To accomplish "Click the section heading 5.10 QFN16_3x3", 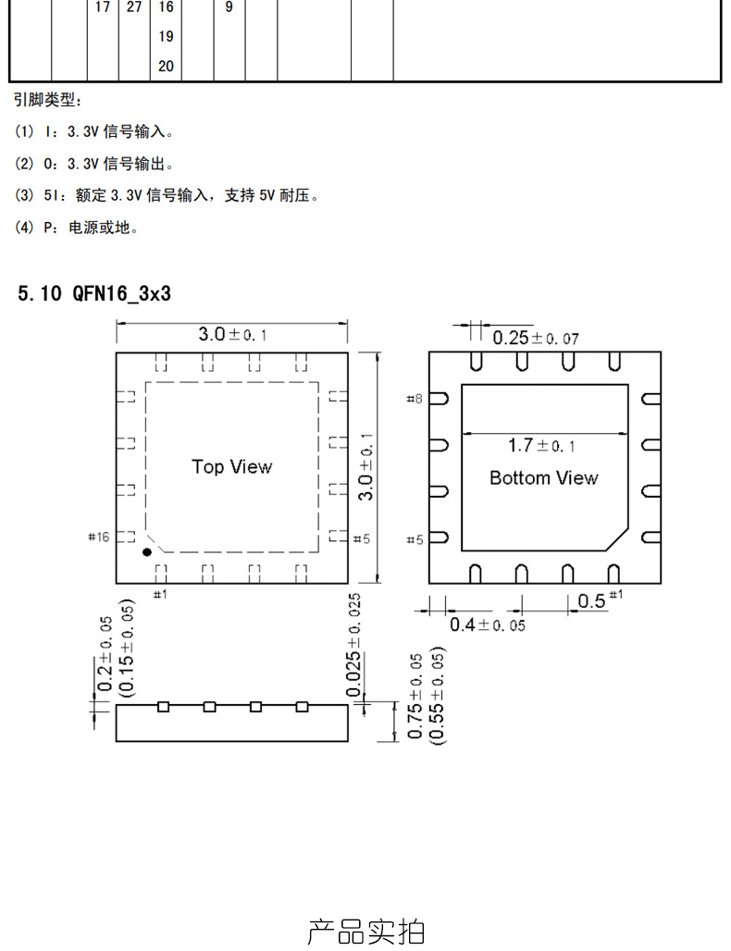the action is pyautogui.click(x=94, y=294).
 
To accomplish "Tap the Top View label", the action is pyautogui.click(x=232, y=466).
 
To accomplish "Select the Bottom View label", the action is pyautogui.click(x=543, y=477).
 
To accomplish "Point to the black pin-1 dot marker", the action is pyautogui.click(x=146, y=552).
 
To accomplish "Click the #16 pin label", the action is pyautogui.click(x=98, y=537).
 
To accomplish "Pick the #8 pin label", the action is pyautogui.click(x=415, y=399).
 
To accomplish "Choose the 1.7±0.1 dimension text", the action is pyautogui.click(x=541, y=446).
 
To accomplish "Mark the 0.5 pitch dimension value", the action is pyautogui.click(x=591, y=601).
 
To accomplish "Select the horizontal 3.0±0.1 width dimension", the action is pyautogui.click(x=232, y=334).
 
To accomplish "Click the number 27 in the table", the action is pyautogui.click(x=134, y=7).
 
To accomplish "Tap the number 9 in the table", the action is pyautogui.click(x=229, y=7).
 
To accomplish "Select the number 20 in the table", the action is pyautogui.click(x=166, y=66).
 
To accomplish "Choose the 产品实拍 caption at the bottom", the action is pyautogui.click(x=365, y=931).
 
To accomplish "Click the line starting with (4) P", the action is pyautogui.click(x=78, y=228).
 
